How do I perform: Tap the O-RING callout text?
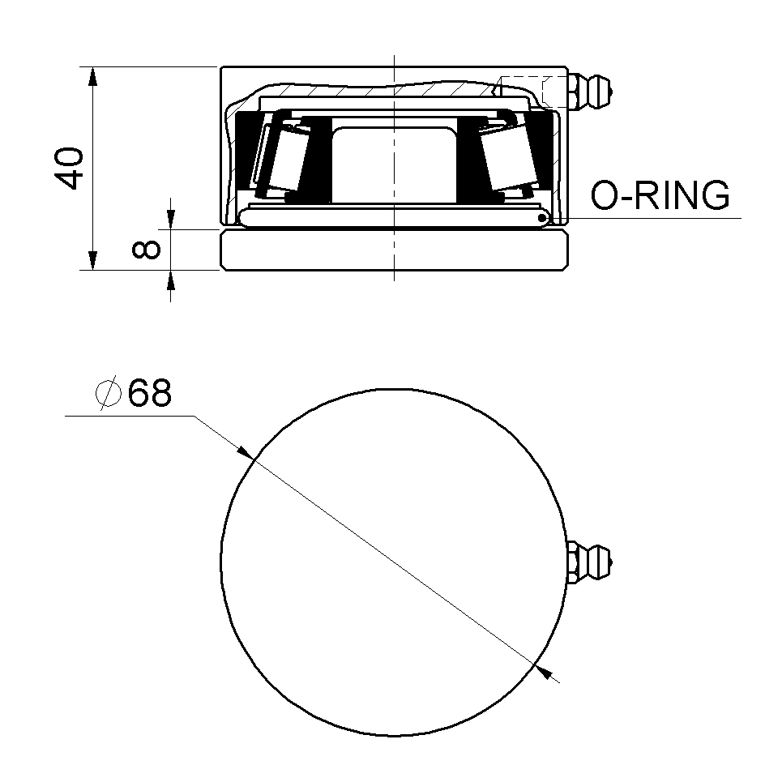click(x=660, y=196)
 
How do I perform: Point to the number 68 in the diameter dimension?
click(x=149, y=394)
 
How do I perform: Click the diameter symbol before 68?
click(x=108, y=394)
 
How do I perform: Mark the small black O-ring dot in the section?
click(x=542, y=217)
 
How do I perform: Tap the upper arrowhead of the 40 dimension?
click(x=93, y=76)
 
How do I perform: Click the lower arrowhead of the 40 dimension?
click(x=93, y=260)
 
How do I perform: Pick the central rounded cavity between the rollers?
click(x=394, y=162)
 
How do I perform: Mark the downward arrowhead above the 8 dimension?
click(x=171, y=220)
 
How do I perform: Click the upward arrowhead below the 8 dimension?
click(x=171, y=280)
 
